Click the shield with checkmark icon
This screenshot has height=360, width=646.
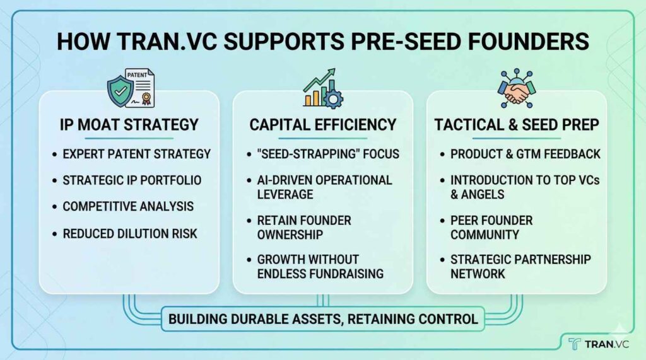[120, 91]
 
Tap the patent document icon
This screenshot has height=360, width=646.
[141, 88]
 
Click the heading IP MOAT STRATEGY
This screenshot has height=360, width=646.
[129, 125]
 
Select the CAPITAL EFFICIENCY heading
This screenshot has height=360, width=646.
[323, 125]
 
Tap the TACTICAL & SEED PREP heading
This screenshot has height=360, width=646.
[517, 125]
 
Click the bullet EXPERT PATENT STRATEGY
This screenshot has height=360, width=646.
[136, 154]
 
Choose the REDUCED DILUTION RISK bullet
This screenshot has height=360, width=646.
[130, 234]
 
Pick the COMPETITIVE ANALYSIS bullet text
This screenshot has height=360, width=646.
[128, 206]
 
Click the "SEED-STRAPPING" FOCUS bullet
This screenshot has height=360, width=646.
[328, 154]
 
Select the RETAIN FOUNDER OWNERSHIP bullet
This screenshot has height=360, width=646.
[304, 228]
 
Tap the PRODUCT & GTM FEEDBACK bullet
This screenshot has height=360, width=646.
[526, 154]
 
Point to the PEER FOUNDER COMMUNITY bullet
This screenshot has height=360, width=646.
[491, 228]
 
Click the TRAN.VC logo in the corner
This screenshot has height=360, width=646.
[599, 344]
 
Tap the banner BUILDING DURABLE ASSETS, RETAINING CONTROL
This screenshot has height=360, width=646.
[323, 319]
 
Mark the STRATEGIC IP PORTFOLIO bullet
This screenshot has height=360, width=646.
[132, 180]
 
